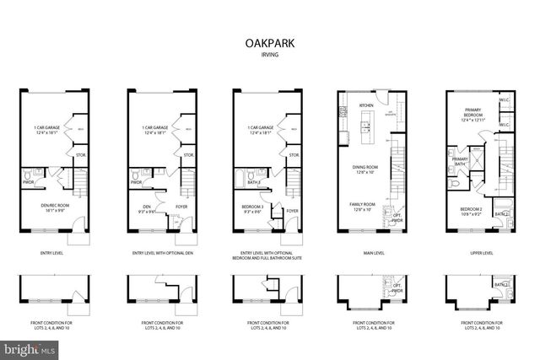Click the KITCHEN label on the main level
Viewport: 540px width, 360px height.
pos(366,105)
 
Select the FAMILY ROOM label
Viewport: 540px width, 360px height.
pos(364,205)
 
